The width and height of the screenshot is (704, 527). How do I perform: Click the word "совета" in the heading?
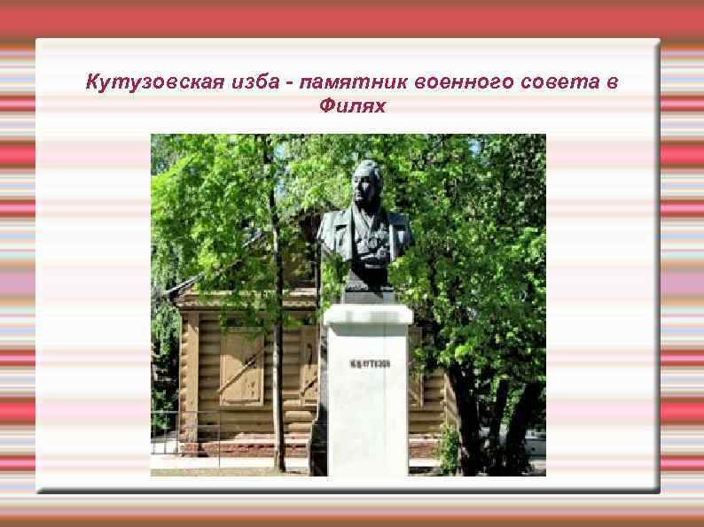click(552, 83)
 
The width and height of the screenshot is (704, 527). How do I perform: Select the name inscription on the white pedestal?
click(365, 364)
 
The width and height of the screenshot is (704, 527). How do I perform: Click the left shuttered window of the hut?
click(240, 366)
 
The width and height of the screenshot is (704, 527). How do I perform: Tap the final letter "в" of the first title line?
click(613, 83)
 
